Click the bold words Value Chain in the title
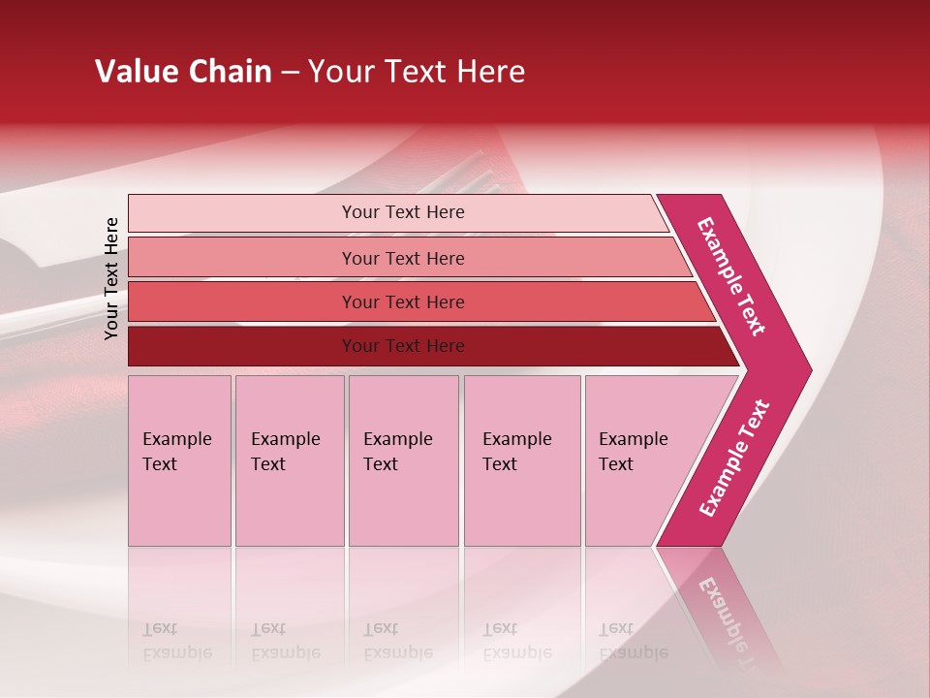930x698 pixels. click(x=183, y=72)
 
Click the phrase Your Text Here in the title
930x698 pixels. click(x=417, y=72)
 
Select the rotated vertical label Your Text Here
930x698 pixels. click(x=111, y=278)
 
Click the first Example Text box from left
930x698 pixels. click(x=179, y=460)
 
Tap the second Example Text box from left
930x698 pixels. click(x=289, y=460)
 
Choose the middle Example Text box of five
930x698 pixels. click(x=403, y=460)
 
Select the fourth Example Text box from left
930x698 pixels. click(x=521, y=460)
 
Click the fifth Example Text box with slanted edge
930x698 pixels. click(x=639, y=460)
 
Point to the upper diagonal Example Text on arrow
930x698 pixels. click(x=731, y=275)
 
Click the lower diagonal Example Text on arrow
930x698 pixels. click(x=734, y=459)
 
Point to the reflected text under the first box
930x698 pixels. click(x=176, y=640)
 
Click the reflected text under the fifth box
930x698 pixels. click(x=634, y=640)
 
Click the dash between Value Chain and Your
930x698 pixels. click(x=290, y=73)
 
